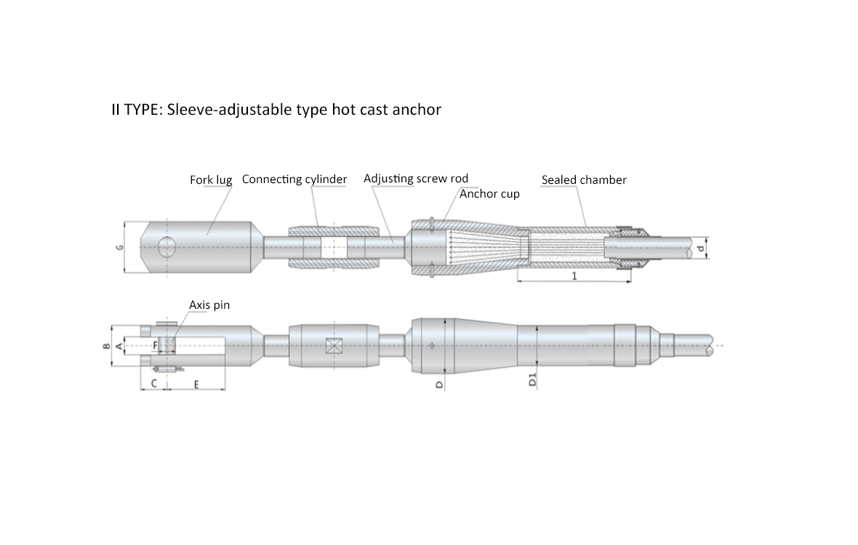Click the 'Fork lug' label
coord(211,179)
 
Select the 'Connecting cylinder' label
coord(294,179)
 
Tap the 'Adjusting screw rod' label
coord(416,179)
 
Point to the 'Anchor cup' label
coord(489,194)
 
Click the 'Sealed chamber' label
coord(584,179)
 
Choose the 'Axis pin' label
coord(209,305)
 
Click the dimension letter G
coord(120,247)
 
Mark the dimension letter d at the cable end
coord(701,249)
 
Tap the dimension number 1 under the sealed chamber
coord(574,276)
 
